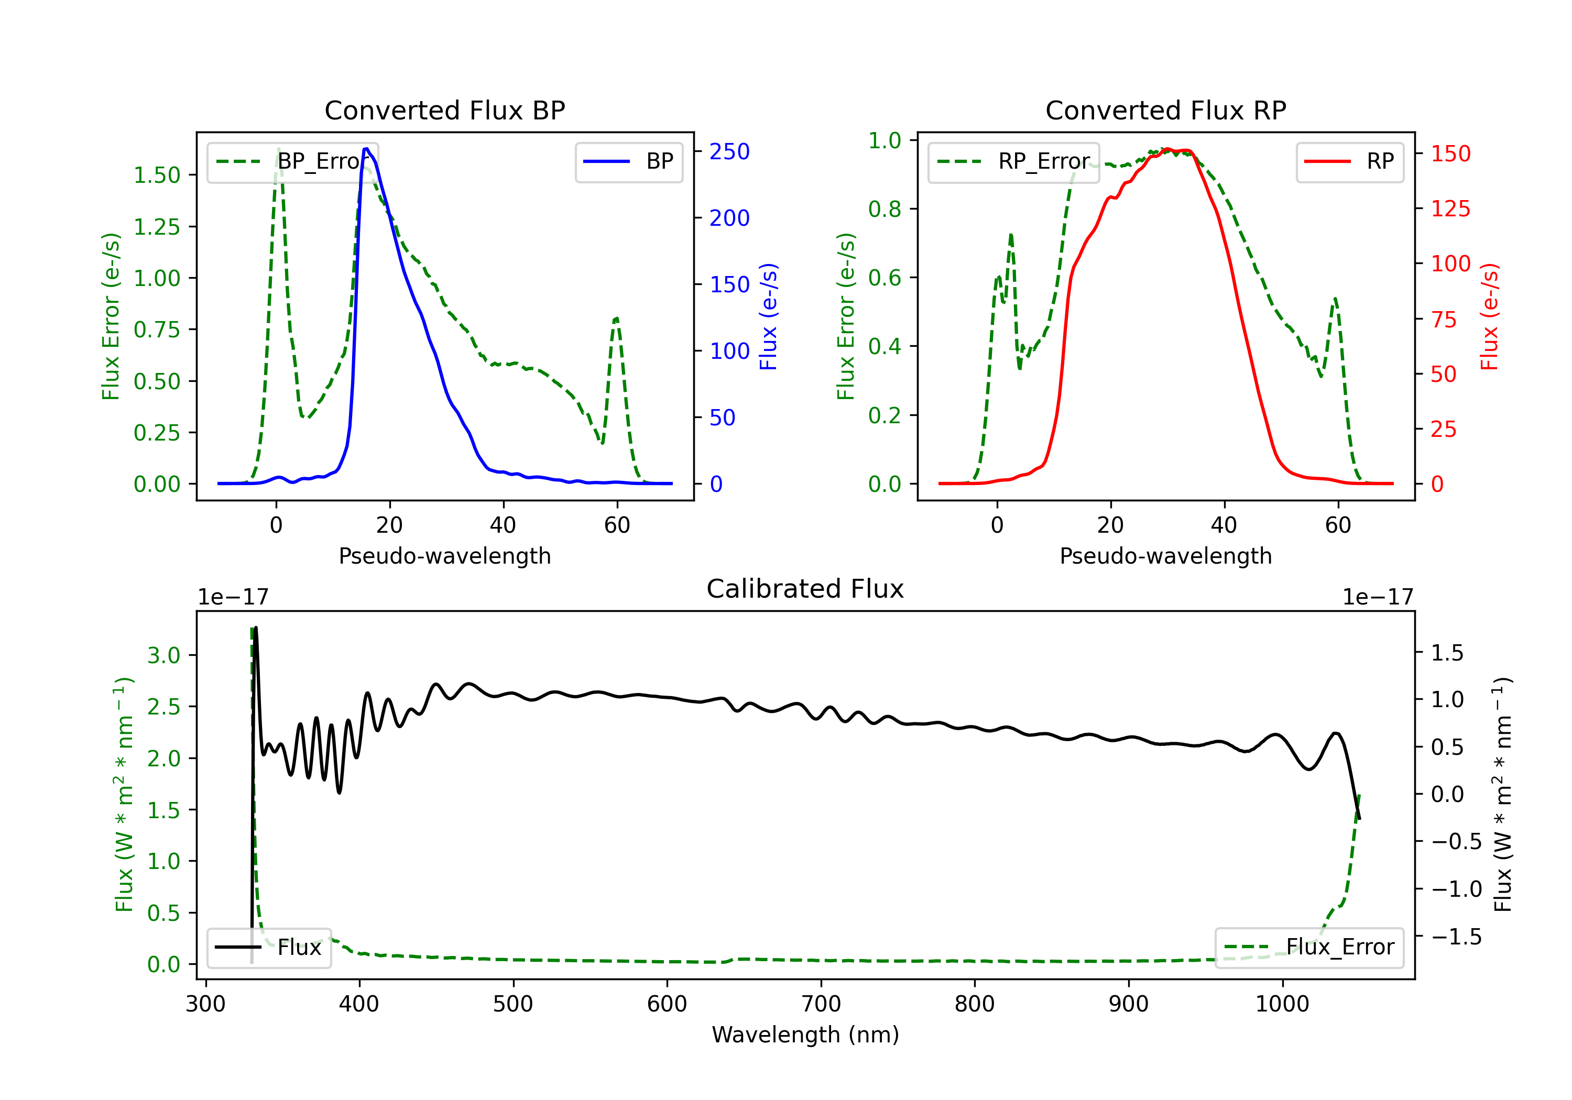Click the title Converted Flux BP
(x=444, y=110)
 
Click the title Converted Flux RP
(x=1165, y=110)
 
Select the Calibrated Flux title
(x=805, y=589)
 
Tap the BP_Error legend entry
(x=292, y=161)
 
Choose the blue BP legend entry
(x=628, y=161)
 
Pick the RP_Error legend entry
(x=1013, y=161)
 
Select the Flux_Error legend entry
(x=1309, y=948)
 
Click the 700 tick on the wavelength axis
(x=821, y=1004)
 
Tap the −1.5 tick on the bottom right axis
(x=1456, y=937)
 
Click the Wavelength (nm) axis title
(x=805, y=1035)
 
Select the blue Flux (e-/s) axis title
(x=768, y=317)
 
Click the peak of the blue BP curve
(x=366, y=149)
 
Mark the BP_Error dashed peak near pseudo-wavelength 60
(x=616, y=318)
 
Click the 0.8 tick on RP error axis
(x=885, y=209)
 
